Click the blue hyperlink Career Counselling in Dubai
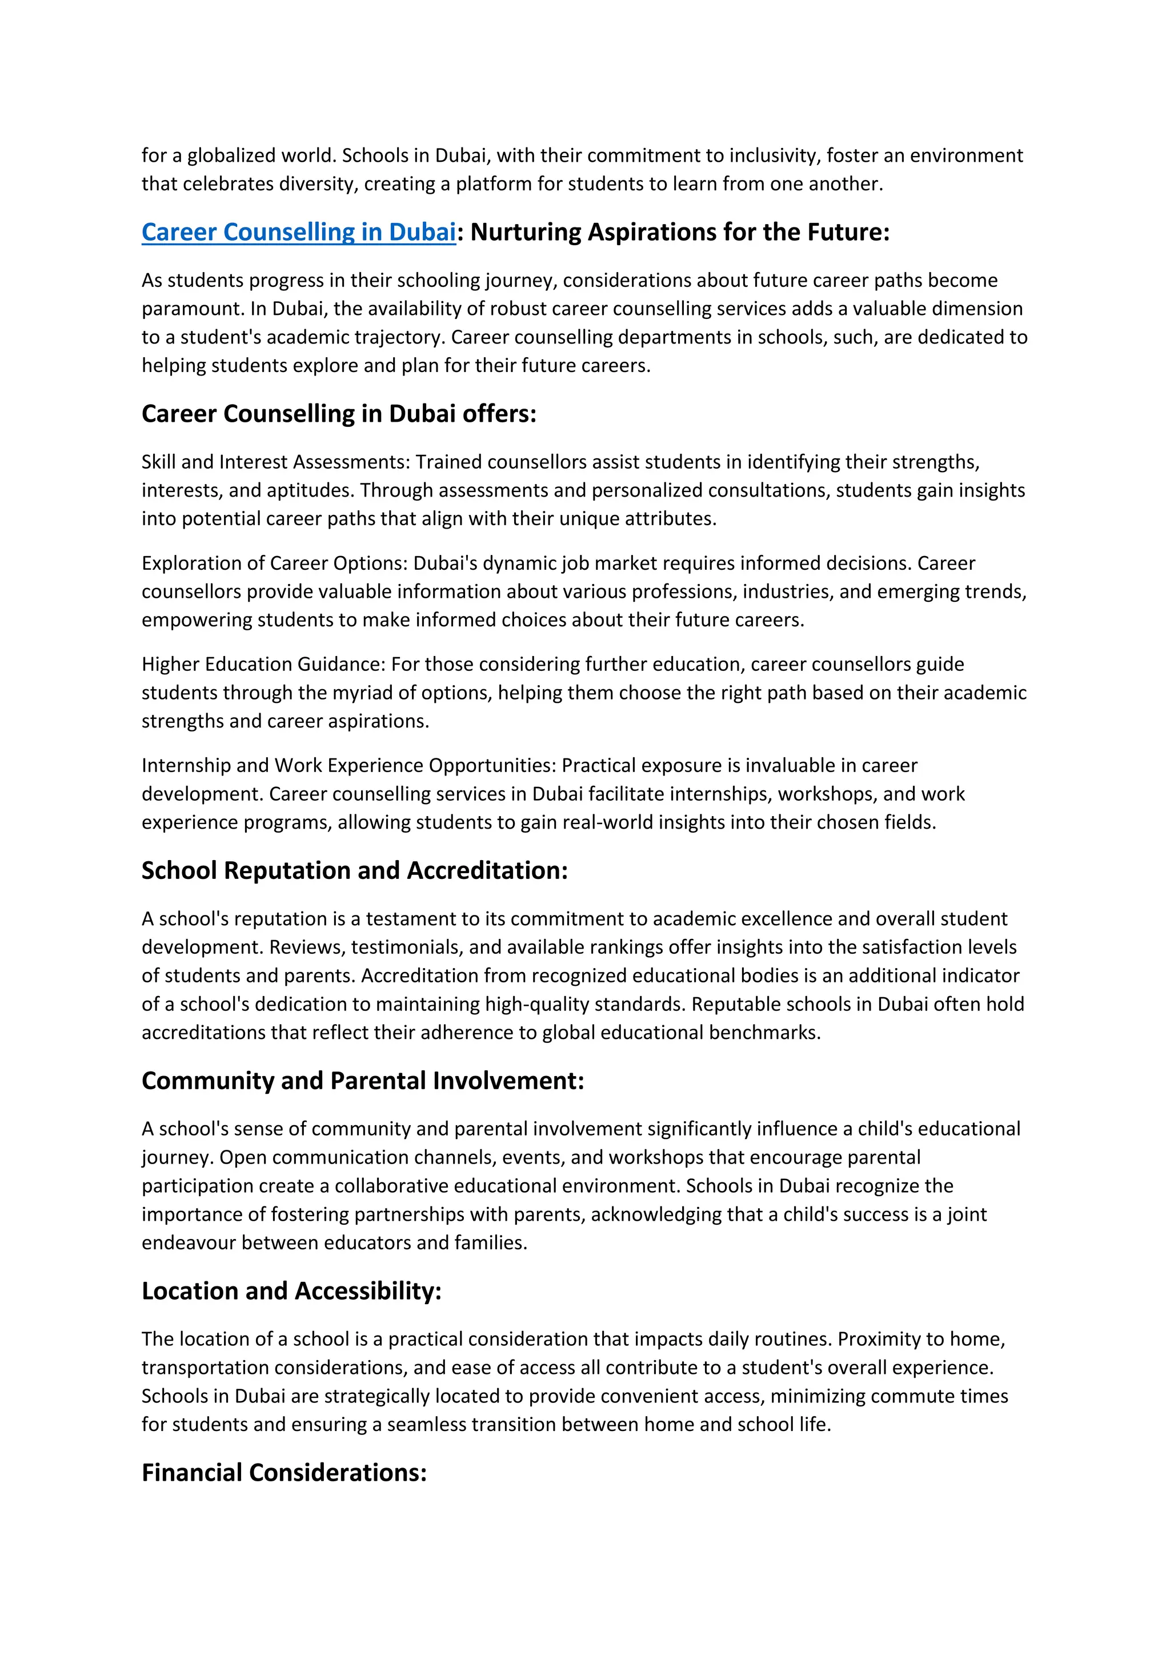coord(298,232)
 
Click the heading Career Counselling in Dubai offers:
coord(339,414)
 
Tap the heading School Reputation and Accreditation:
coord(354,871)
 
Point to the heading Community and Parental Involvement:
coord(362,1081)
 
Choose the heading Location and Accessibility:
coord(291,1290)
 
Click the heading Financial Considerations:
coord(284,1472)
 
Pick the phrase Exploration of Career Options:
coord(274,563)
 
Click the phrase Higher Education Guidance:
coord(264,664)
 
